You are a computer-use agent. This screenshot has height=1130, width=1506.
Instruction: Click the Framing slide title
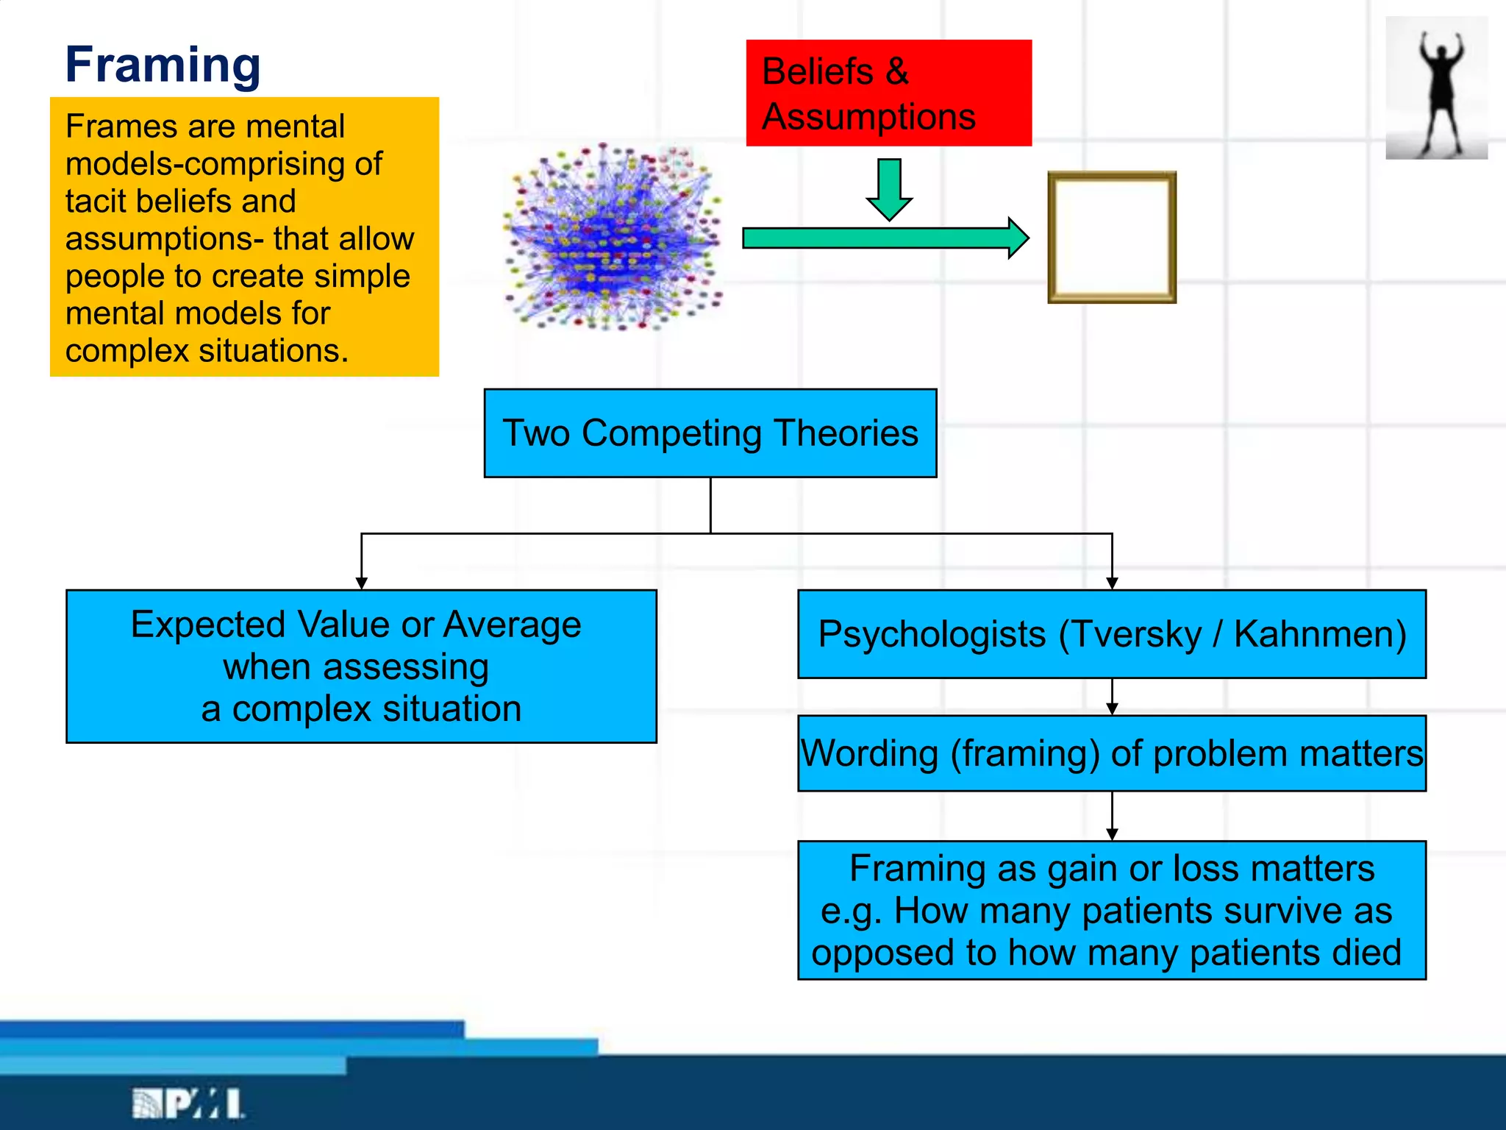[163, 65]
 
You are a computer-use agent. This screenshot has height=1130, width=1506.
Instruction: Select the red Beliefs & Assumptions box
[888, 93]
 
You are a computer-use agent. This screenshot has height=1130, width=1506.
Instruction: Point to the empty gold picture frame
[1111, 238]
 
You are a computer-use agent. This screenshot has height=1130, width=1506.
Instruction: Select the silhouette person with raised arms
[1437, 88]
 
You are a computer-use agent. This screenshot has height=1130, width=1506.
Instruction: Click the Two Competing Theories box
[710, 433]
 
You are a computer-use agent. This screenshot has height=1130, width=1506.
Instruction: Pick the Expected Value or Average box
[361, 667]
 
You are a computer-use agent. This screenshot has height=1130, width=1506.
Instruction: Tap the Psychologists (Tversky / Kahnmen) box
[1111, 634]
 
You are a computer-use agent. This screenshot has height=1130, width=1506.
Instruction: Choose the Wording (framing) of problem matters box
[1111, 753]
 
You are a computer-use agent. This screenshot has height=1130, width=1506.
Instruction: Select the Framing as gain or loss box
[1111, 910]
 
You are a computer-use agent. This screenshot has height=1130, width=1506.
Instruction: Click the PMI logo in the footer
[188, 1104]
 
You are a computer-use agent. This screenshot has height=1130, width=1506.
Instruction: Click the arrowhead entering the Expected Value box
[361, 583]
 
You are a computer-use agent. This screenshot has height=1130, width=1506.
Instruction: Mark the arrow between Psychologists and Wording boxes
[1112, 697]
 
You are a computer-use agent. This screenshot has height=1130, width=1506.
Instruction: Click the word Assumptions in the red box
[868, 117]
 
